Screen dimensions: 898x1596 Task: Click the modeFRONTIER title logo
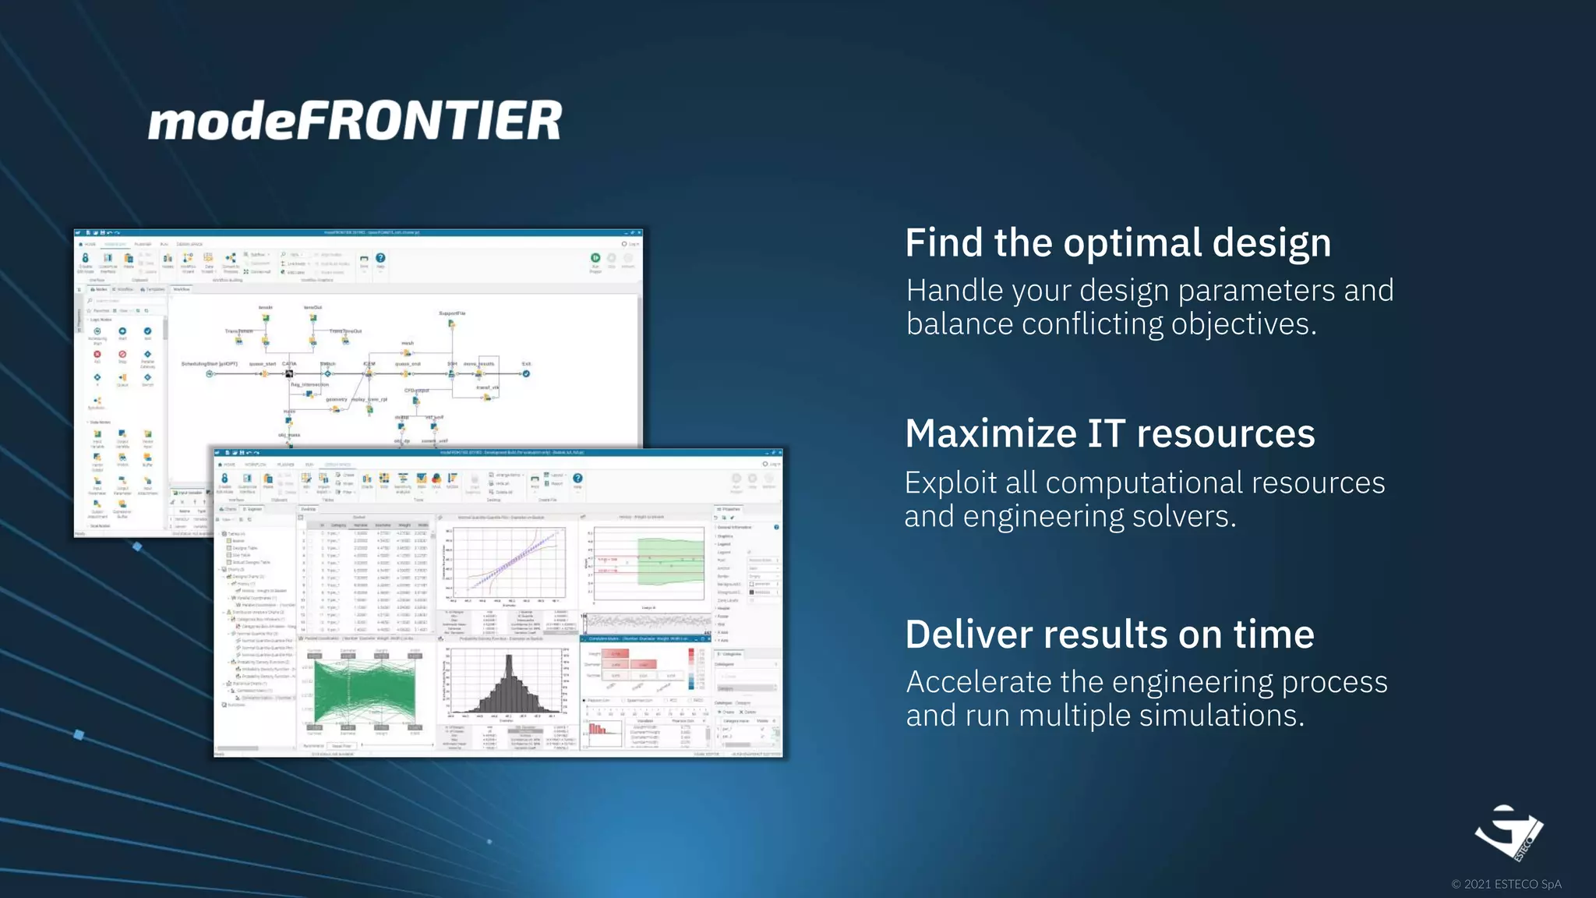(355, 120)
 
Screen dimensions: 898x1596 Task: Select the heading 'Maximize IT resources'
(1110, 433)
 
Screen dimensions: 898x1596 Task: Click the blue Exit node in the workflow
(526, 373)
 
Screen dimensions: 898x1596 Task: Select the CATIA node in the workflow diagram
(288, 373)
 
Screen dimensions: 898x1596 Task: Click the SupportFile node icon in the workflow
(451, 323)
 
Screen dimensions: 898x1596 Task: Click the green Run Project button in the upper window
(595, 258)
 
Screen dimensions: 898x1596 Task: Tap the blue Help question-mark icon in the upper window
(380, 258)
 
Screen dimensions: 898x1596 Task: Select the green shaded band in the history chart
(670, 561)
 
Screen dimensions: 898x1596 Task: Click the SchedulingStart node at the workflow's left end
(210, 373)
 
